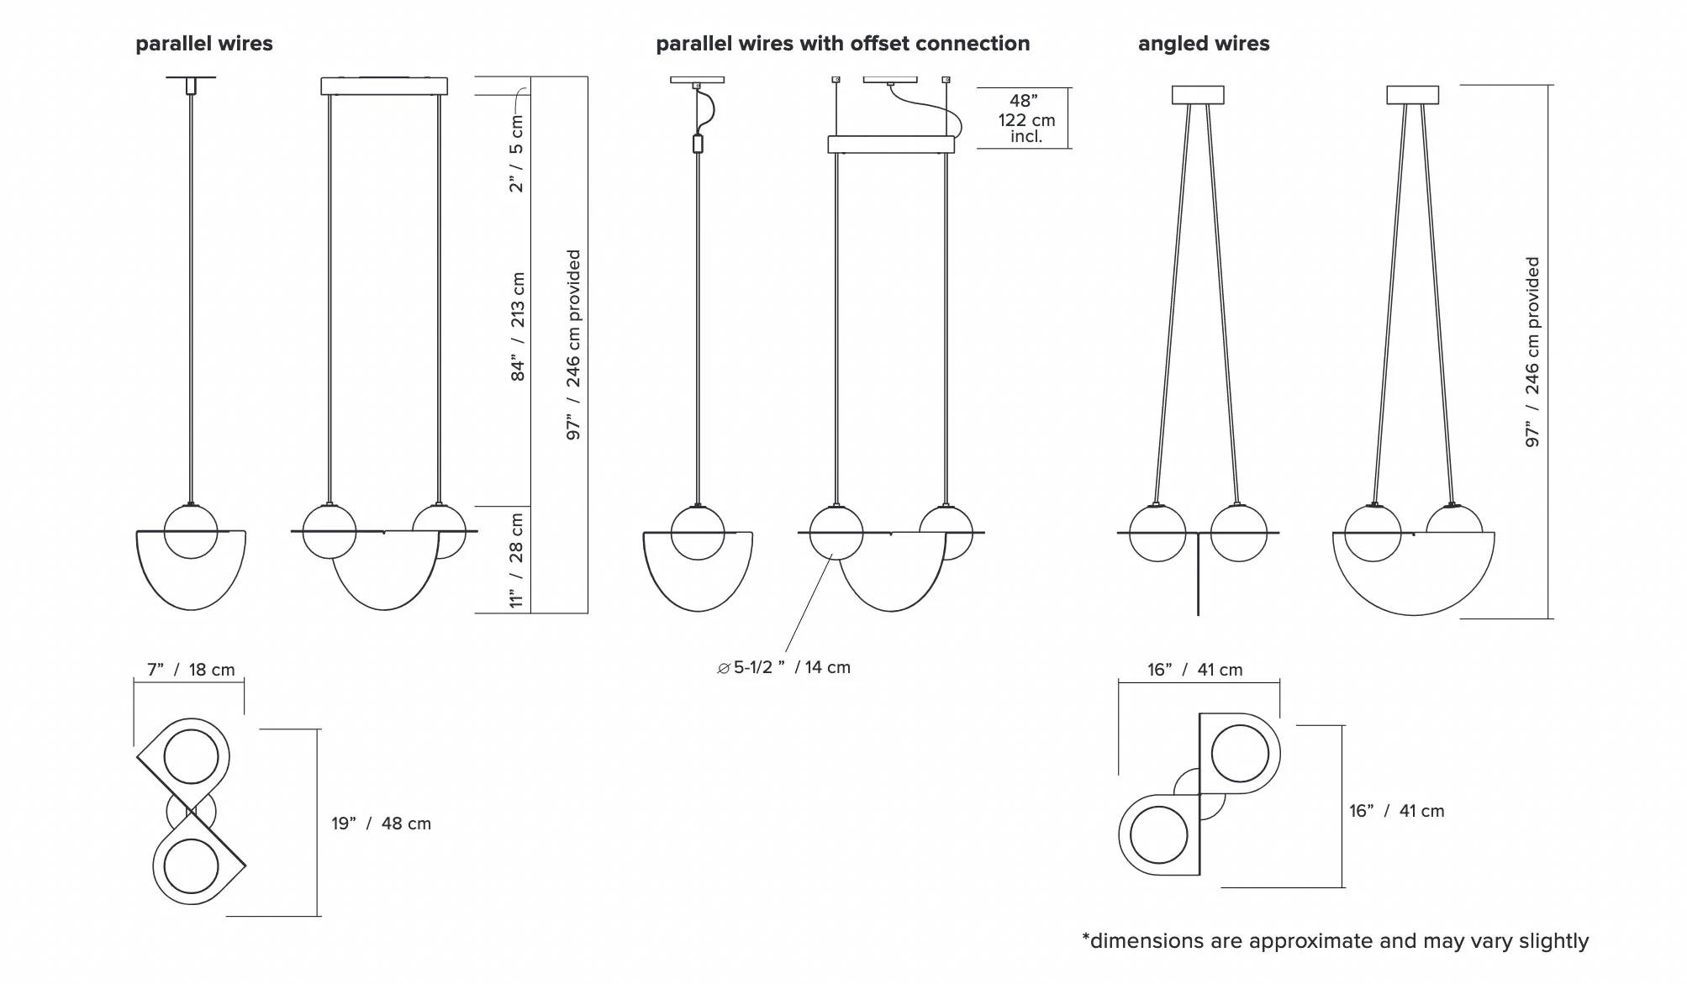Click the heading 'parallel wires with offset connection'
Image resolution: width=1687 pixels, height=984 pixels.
click(x=842, y=44)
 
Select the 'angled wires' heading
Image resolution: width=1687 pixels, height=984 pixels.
click(x=1204, y=44)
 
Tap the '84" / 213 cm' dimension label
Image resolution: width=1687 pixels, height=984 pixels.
click(x=518, y=327)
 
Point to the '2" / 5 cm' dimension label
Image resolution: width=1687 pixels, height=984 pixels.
click(x=516, y=154)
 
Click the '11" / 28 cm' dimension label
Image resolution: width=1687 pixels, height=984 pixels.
click(x=516, y=560)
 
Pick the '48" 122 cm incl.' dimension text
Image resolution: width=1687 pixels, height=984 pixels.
click(x=1026, y=118)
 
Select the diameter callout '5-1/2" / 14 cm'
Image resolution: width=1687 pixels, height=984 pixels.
click(x=783, y=667)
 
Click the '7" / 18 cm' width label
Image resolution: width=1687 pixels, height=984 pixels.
click(x=191, y=670)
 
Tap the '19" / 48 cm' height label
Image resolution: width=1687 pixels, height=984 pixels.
click(x=381, y=824)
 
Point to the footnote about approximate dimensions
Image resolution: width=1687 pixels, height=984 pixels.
click(x=1335, y=941)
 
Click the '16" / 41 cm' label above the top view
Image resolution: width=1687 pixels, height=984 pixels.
click(x=1194, y=670)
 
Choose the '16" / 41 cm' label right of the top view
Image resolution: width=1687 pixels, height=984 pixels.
click(x=1396, y=811)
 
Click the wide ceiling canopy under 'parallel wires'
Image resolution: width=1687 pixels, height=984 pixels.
click(x=384, y=86)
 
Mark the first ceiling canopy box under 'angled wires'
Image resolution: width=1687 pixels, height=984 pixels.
click(x=1198, y=95)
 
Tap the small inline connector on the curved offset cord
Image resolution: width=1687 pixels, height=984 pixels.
click(x=698, y=144)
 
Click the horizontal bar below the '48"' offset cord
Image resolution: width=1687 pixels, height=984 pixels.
click(x=891, y=145)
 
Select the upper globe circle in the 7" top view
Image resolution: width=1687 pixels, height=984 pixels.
click(x=192, y=756)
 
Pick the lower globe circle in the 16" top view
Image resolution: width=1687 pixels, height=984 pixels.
click(x=1159, y=835)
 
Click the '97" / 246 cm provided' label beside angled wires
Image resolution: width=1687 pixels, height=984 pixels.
click(x=1532, y=352)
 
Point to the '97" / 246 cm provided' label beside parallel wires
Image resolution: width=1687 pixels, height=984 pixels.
click(x=573, y=345)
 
